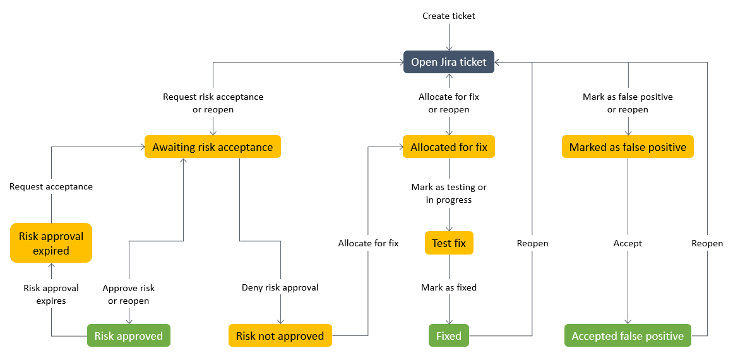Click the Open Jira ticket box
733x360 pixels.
(449, 62)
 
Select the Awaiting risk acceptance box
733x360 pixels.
(213, 147)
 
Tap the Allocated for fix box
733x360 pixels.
(449, 147)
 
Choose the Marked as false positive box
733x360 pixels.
(628, 147)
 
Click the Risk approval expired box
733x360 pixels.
(51, 243)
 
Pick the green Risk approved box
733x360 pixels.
(129, 336)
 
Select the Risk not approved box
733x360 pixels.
(280, 336)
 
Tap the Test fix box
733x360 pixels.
(449, 243)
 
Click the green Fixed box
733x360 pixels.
(449, 336)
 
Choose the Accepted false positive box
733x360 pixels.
(628, 336)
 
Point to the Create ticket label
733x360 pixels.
(449, 16)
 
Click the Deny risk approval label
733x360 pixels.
(280, 287)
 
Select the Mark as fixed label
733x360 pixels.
(449, 287)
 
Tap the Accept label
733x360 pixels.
(628, 243)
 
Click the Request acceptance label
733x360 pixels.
(51, 186)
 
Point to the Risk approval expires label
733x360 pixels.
(51, 294)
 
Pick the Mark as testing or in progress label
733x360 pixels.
(449, 193)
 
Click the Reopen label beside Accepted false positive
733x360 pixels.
(707, 243)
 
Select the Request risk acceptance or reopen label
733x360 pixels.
(213, 103)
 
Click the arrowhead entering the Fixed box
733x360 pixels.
(449, 321)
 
